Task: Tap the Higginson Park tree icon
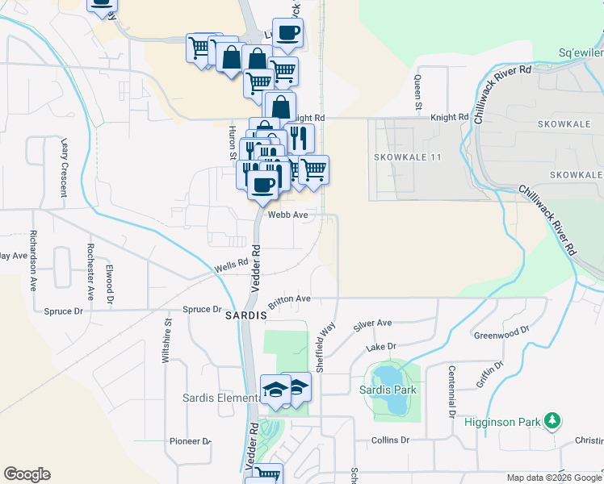(552, 420)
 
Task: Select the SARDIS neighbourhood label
(245, 315)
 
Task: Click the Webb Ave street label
(288, 215)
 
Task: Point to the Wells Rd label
(230, 265)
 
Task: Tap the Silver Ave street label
(372, 323)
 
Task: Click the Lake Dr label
(382, 347)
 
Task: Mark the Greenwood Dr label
(501, 331)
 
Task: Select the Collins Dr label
(391, 440)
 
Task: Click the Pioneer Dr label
(190, 441)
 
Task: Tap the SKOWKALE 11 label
(408, 156)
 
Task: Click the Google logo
(27, 474)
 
